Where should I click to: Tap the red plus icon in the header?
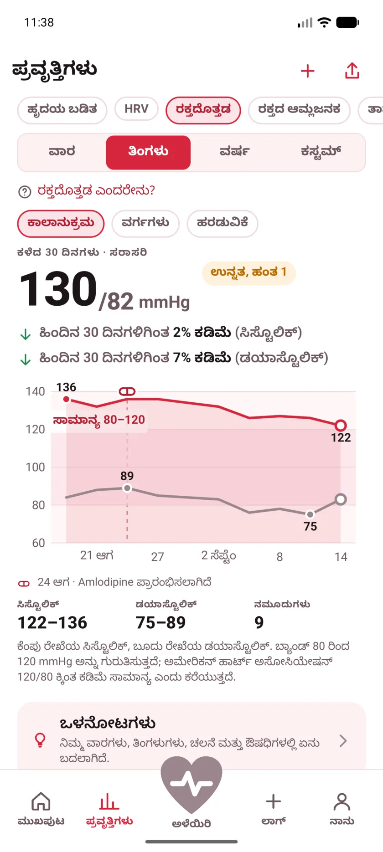coord(308,71)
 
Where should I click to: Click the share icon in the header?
coord(352,71)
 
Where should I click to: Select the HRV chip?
coord(136,109)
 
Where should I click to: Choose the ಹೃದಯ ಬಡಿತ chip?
coord(62,110)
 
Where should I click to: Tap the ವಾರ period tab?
coord(62,152)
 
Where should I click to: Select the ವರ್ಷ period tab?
coord(234,152)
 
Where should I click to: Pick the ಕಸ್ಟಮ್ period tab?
coord(321,152)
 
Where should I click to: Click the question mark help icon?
coord(25,192)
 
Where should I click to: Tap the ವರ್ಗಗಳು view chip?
coord(145,223)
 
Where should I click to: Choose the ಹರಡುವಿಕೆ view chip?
coord(223,223)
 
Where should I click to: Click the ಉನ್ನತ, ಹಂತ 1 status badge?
coord(249,273)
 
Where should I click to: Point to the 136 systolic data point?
coord(67,399)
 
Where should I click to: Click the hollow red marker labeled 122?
coord(341,426)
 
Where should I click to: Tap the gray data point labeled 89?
coord(127,488)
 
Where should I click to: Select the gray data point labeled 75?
coord(310,514)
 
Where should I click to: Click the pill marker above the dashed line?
coord(127,391)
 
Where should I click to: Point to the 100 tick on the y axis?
coord(36,467)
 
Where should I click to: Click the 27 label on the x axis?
coord(157,557)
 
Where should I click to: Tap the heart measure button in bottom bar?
coord(191,785)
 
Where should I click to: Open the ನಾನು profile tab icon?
coord(342,802)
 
